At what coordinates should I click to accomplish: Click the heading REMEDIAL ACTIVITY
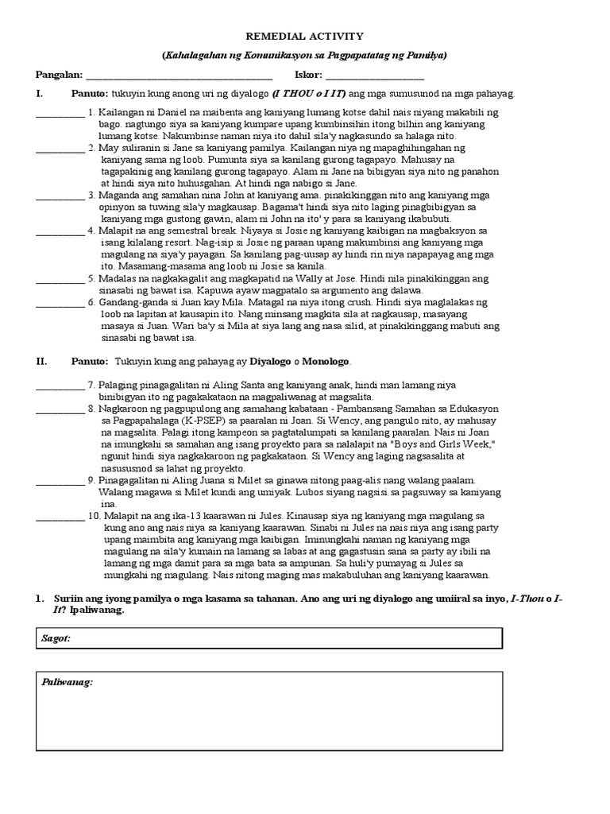[305, 36]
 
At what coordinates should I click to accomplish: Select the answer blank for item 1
[60, 114]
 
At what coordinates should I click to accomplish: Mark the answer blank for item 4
[60, 231]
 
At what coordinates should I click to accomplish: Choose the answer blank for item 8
[60, 408]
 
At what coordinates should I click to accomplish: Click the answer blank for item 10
[60, 516]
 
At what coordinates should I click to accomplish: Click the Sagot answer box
[270, 638]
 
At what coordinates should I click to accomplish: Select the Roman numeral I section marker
[39, 94]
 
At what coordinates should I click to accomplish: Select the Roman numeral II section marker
[41, 361]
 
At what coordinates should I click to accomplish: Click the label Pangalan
[60, 76]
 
